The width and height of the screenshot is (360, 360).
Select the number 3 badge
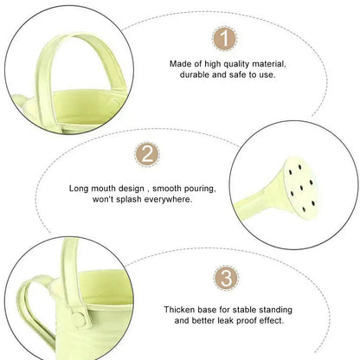(x=225, y=279)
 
